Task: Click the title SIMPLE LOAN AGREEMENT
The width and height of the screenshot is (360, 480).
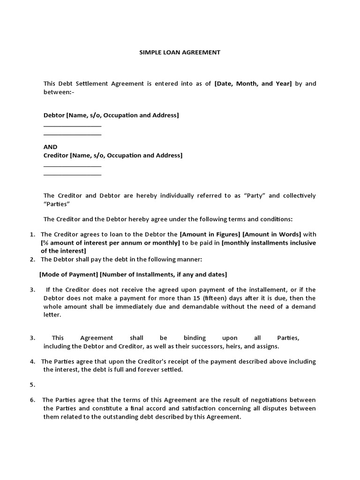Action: point(180,52)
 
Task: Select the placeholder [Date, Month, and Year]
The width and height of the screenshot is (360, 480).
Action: point(253,84)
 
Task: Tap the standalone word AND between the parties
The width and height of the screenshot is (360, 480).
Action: point(50,147)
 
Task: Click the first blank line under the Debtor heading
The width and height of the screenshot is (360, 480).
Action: point(72,126)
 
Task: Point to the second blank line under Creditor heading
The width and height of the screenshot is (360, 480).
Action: point(72,175)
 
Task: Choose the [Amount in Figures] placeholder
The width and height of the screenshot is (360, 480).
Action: point(210,234)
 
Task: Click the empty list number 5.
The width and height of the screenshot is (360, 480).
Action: point(32,385)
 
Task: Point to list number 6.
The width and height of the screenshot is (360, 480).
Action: point(32,400)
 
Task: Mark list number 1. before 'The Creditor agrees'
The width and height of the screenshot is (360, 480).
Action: point(32,234)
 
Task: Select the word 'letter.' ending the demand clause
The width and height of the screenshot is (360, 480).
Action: point(52,315)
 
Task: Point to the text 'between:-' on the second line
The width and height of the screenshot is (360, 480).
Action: point(59,92)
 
